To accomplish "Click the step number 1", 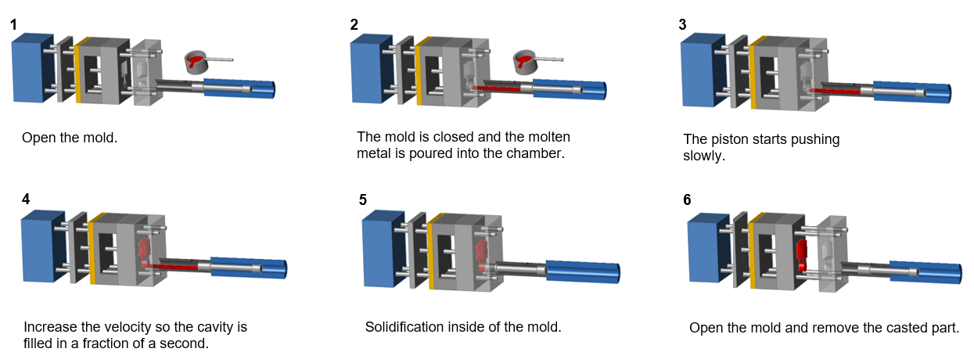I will tap(14, 25).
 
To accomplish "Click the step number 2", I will tap(354, 24).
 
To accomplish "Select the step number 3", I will tap(683, 24).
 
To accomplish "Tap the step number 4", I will tap(26, 199).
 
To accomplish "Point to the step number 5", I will tap(363, 199).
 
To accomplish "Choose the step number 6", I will tap(687, 199).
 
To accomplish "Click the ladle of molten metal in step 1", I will tap(198, 62).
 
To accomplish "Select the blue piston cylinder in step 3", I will tap(911, 92).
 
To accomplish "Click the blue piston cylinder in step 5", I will tap(583, 271).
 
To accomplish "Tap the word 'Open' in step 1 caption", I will tap(36, 138).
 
